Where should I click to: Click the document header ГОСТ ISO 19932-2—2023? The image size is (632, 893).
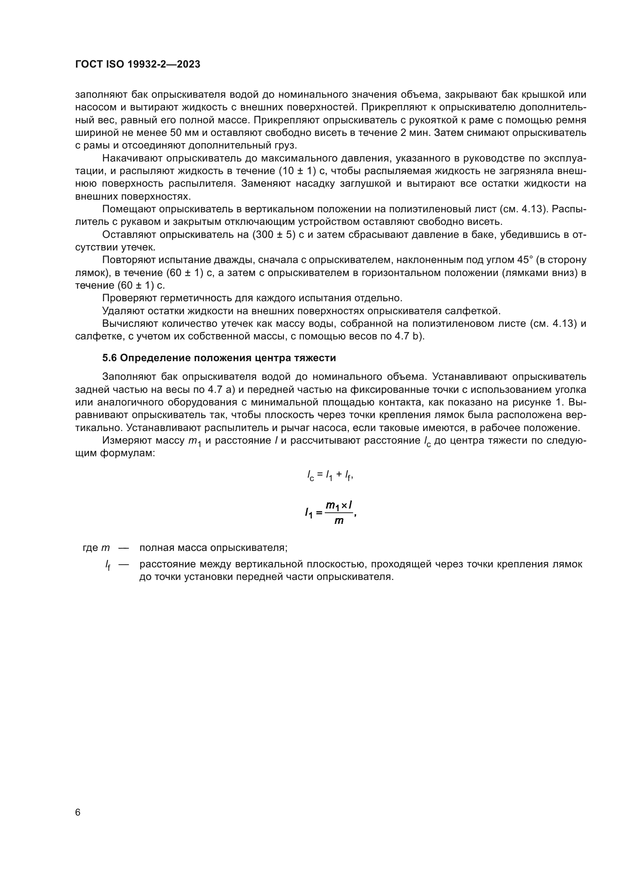[x=138, y=65]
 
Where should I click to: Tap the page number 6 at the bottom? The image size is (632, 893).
[x=78, y=812]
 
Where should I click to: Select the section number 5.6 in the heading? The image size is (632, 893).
[x=109, y=358]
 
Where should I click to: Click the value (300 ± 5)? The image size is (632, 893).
[x=274, y=234]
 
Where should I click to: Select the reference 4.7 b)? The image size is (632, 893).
[x=408, y=336]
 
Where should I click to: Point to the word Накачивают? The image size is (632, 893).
[x=132, y=158]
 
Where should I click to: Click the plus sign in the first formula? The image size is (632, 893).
[x=339, y=475]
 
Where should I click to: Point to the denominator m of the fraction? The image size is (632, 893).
[x=339, y=521]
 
